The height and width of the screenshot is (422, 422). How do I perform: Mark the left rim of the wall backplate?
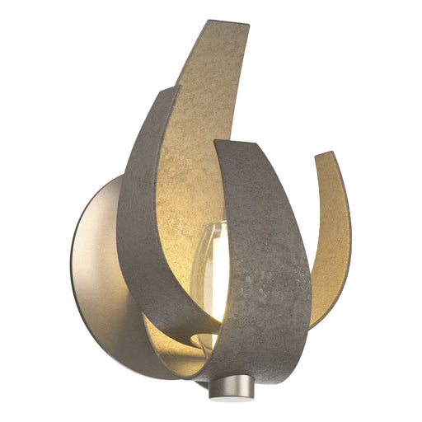[73, 272]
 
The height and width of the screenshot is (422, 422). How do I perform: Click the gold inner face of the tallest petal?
[198, 124]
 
